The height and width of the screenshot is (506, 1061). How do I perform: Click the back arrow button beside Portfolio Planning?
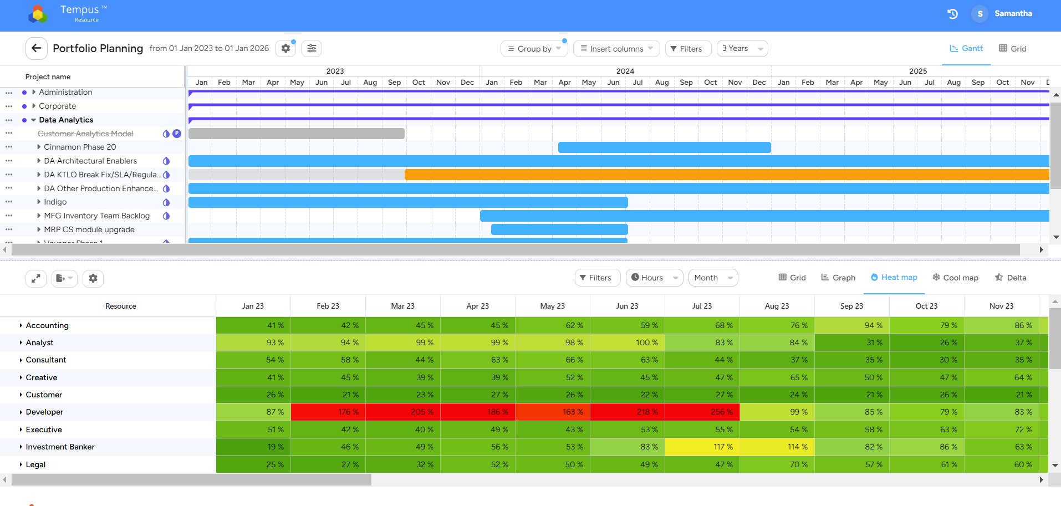click(36, 48)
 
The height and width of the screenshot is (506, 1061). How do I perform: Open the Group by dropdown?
click(534, 49)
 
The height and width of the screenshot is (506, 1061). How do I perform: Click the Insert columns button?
click(616, 49)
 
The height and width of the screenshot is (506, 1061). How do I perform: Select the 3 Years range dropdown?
click(742, 49)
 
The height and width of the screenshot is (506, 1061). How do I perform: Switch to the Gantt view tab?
click(966, 49)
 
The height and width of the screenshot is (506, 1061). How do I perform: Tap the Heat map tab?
click(894, 278)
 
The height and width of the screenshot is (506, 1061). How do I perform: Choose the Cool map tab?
click(955, 278)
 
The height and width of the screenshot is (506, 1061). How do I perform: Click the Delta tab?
click(1011, 278)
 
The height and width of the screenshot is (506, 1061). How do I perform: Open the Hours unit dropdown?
click(654, 278)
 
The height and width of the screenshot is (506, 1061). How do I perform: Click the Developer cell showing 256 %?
click(702, 412)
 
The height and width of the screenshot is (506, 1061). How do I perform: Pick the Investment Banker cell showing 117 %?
click(702, 447)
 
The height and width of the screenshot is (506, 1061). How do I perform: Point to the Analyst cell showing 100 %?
click(628, 343)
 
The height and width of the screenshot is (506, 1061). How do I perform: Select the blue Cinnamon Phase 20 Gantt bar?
click(664, 147)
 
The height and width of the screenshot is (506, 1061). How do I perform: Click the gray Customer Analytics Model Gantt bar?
click(296, 134)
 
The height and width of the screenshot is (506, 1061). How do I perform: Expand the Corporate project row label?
click(57, 106)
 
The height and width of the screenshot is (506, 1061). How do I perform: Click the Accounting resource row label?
click(47, 325)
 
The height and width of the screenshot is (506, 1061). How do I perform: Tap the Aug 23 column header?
click(777, 306)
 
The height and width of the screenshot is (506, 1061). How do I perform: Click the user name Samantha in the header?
click(1013, 13)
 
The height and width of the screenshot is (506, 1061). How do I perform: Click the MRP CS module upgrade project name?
click(89, 229)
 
